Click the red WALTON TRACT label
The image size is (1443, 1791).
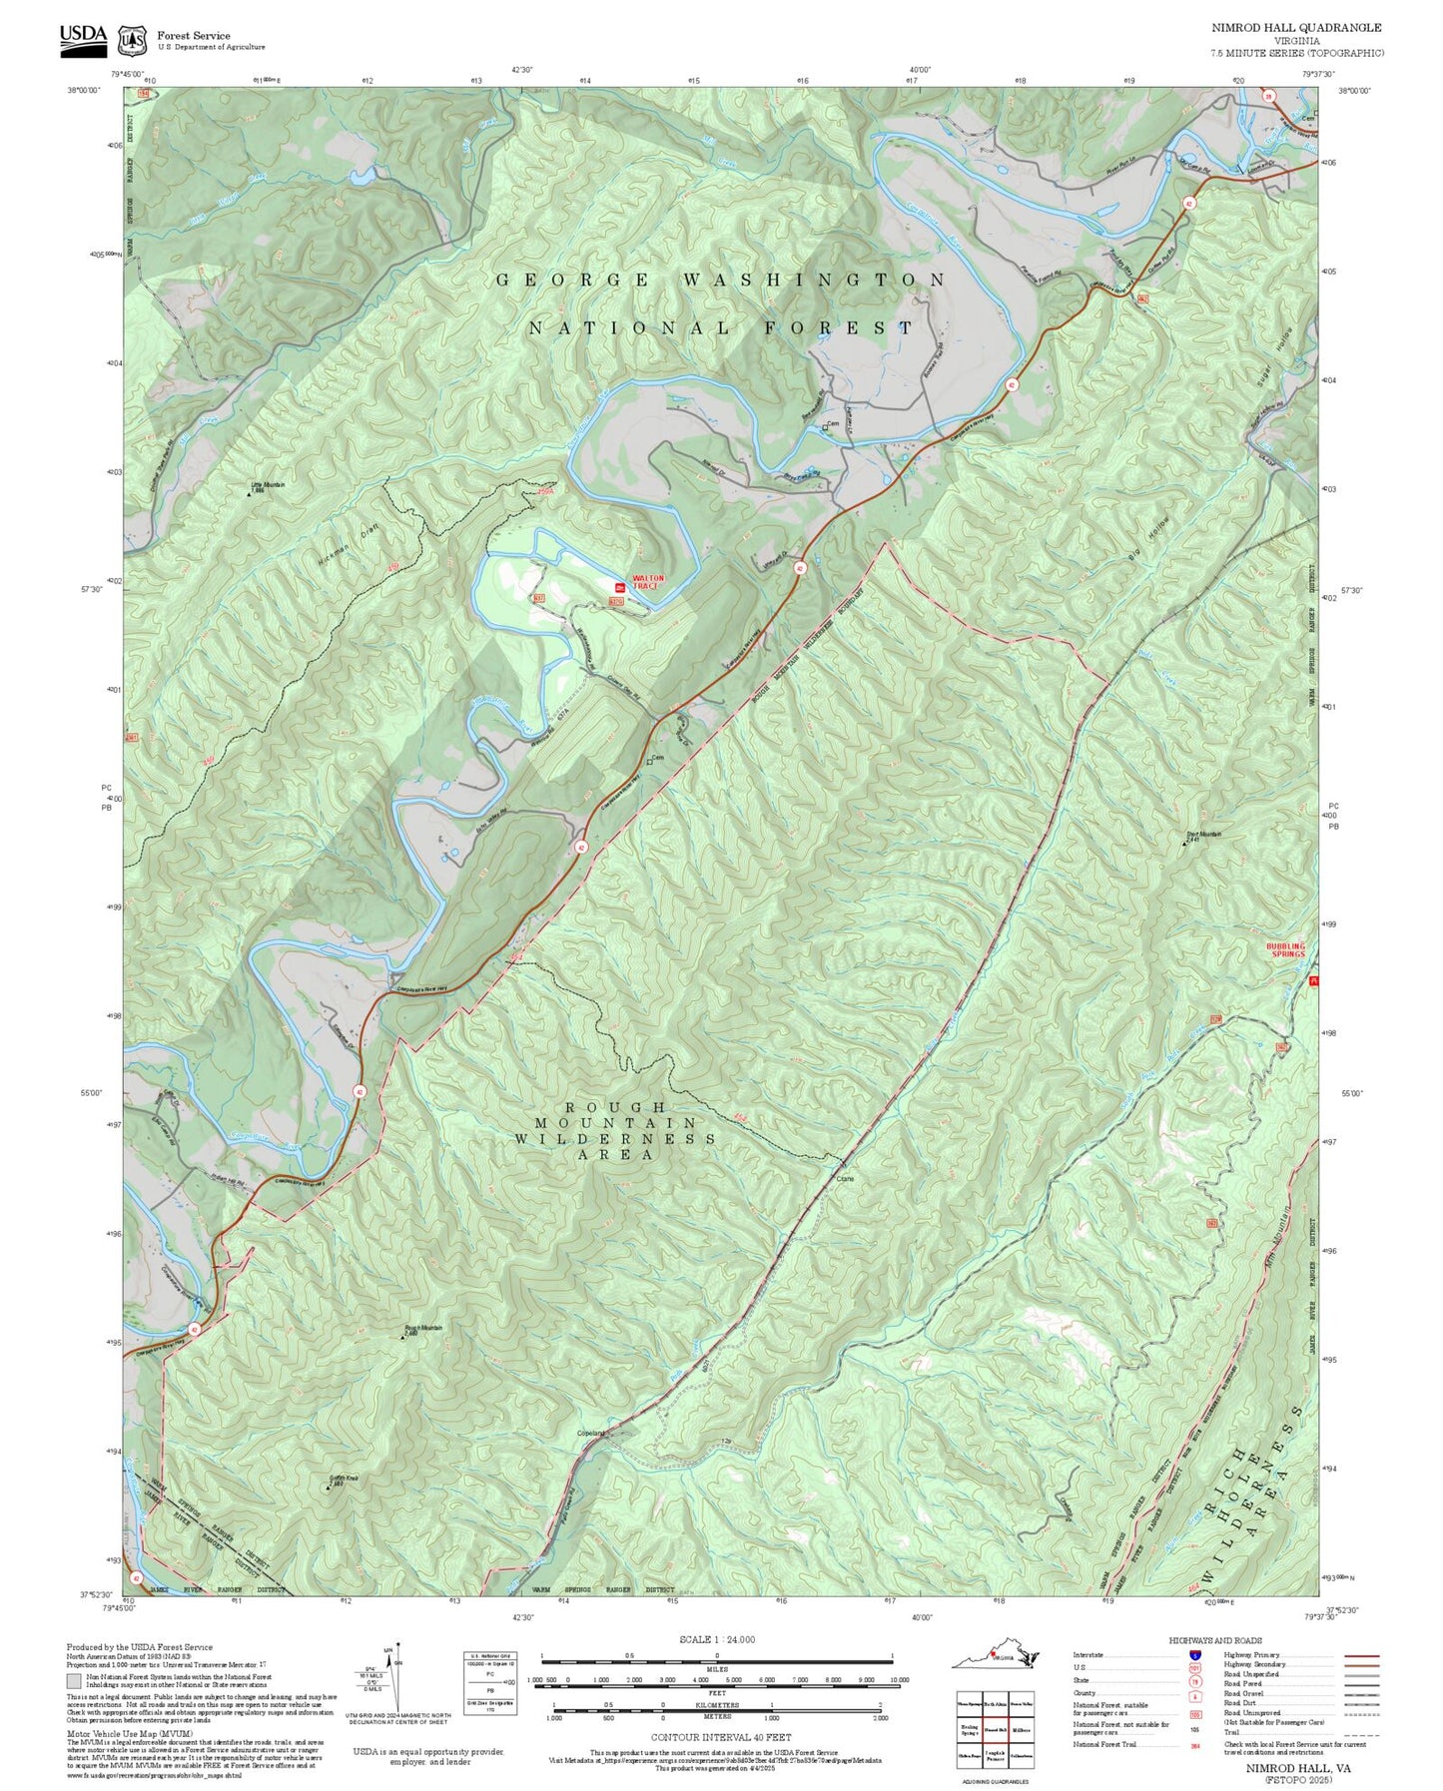(x=646, y=581)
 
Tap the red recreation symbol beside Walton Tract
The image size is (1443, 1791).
(x=619, y=586)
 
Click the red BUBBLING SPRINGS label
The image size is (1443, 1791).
(x=1285, y=949)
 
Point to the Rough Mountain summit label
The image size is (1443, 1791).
(x=423, y=1329)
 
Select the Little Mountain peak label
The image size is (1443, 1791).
(x=267, y=486)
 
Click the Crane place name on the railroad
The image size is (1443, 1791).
(x=845, y=1178)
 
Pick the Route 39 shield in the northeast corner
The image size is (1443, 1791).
(x=1268, y=96)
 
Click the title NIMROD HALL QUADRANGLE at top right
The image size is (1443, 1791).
(x=1296, y=28)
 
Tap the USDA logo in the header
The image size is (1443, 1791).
(x=83, y=36)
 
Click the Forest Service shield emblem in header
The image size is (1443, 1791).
(x=132, y=41)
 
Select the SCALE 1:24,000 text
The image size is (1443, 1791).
(x=716, y=1639)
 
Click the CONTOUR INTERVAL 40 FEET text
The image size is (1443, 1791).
(x=720, y=1737)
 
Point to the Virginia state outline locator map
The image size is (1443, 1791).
(x=996, y=1657)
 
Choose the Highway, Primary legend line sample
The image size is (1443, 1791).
(x=1361, y=1655)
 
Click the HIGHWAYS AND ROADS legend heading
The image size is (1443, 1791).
(x=1214, y=1640)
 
